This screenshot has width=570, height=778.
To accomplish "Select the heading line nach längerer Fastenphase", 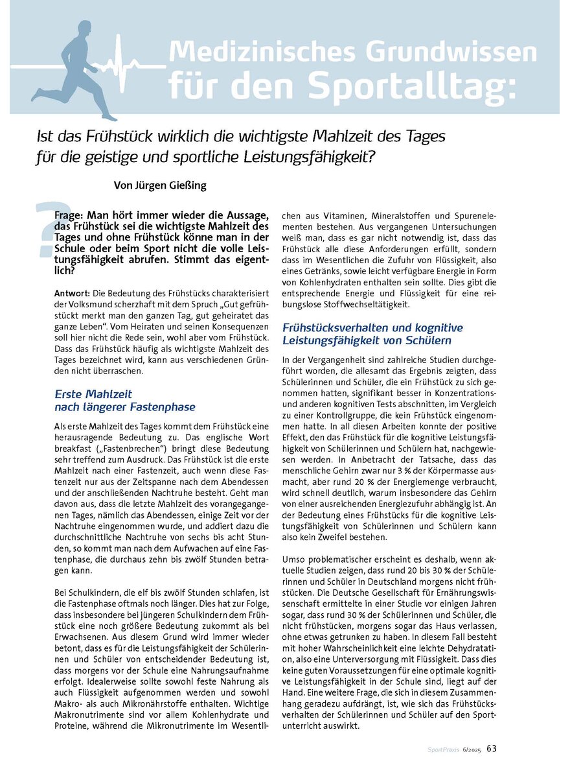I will click(124, 407).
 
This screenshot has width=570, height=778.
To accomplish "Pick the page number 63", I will click(492, 749).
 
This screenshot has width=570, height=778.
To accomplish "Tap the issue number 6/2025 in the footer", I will click(472, 750).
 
